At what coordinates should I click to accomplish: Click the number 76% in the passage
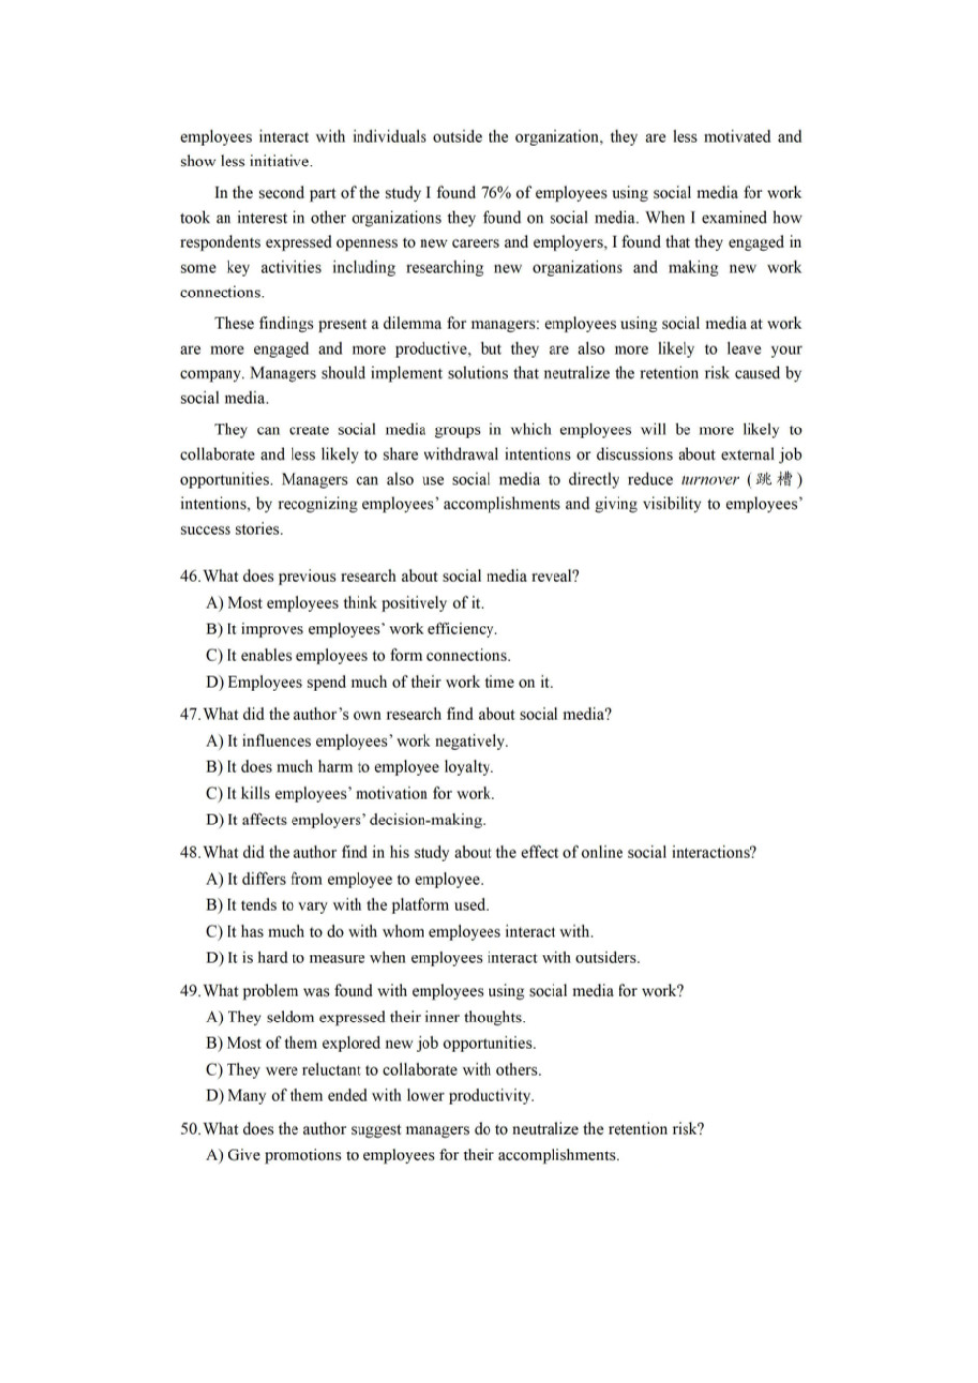coord(495,193)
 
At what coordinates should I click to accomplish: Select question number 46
coord(190,577)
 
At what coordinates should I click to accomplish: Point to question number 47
coord(190,715)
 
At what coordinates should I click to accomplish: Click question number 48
coord(190,853)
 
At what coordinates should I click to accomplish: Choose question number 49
coord(190,991)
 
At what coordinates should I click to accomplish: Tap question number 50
coord(190,1130)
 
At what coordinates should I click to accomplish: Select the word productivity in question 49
coord(489,1096)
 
